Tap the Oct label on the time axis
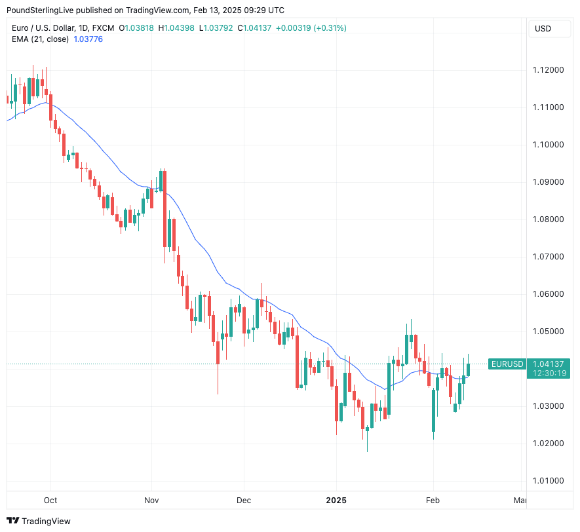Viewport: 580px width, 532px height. click(x=50, y=501)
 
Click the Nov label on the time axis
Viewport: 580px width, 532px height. click(x=151, y=501)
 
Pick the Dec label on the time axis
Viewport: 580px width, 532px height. click(x=243, y=501)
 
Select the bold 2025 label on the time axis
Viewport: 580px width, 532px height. click(x=336, y=501)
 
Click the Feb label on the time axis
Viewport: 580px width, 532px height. click(x=433, y=501)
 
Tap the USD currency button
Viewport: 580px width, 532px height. click(x=543, y=28)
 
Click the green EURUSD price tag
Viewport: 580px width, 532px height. click(x=507, y=364)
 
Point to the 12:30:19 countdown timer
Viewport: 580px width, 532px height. click(x=549, y=373)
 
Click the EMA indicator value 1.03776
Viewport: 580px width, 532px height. click(x=88, y=39)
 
